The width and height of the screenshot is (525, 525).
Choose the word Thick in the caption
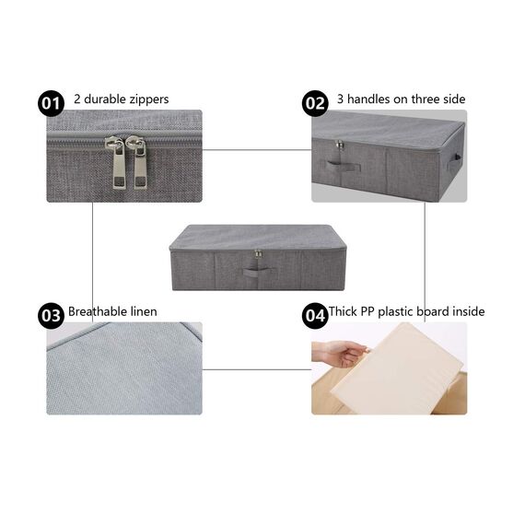(x=344, y=311)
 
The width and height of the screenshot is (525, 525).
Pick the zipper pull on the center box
(x=258, y=254)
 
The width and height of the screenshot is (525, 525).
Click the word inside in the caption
(x=466, y=311)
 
